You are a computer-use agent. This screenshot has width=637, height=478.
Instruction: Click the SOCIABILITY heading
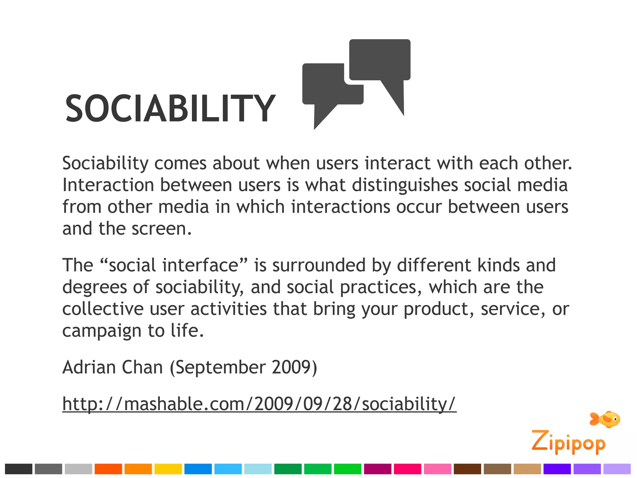170,108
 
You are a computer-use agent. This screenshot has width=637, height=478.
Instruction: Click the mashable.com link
259,404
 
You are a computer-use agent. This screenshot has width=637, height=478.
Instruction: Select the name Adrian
89,367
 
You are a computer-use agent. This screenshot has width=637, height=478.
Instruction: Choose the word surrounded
319,265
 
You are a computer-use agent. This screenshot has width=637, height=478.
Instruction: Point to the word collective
103,309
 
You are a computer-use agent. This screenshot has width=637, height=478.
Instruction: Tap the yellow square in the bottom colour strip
168,469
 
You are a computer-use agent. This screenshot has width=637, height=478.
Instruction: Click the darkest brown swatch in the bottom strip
467,469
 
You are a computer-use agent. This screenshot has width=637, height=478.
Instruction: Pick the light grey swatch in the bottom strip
78,469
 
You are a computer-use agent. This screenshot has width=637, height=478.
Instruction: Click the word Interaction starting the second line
108,185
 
